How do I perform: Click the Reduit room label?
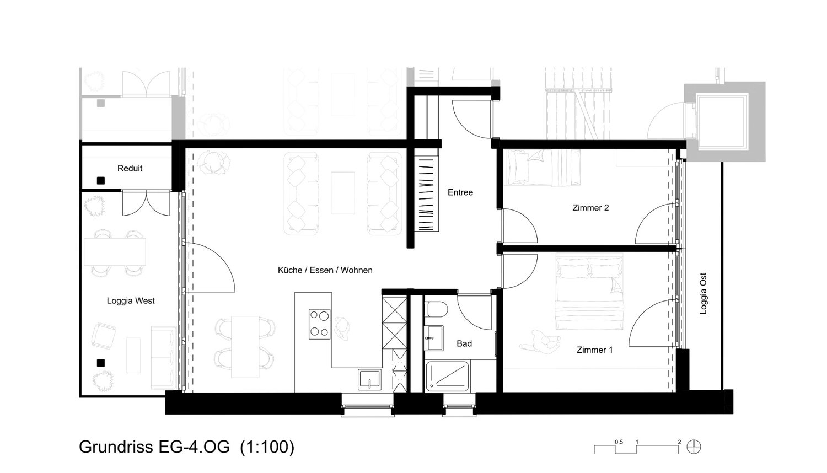point(130,168)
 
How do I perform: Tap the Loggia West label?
point(131,301)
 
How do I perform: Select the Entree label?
point(460,192)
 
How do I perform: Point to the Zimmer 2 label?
point(590,208)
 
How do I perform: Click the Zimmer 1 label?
point(594,350)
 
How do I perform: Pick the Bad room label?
point(464,344)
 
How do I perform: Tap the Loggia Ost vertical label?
point(704,293)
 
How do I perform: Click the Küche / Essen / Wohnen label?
point(325,270)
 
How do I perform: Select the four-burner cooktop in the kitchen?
point(319,324)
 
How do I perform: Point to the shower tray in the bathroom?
point(447,377)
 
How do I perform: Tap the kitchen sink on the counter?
point(369,379)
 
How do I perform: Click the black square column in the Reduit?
point(100,181)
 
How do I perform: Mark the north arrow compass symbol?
point(694,447)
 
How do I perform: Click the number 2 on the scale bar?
point(679,442)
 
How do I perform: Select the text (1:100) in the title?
point(267,447)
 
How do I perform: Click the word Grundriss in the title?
point(116,447)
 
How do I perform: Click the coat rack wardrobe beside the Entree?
point(426,194)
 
